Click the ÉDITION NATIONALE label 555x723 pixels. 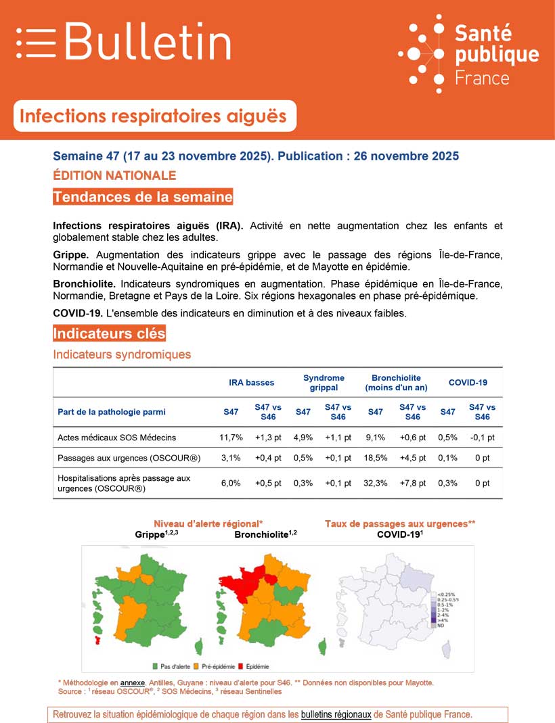(x=114, y=176)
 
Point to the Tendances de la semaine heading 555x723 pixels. (x=142, y=197)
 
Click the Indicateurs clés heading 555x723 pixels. (x=109, y=334)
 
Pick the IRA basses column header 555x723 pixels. (x=251, y=383)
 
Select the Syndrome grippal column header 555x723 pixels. (x=324, y=383)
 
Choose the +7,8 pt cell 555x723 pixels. (x=412, y=483)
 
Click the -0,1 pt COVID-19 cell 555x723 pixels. (x=481, y=438)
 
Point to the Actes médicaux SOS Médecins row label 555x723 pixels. (x=117, y=438)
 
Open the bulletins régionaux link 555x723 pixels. (x=336, y=714)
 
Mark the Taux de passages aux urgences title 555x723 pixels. (x=400, y=524)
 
